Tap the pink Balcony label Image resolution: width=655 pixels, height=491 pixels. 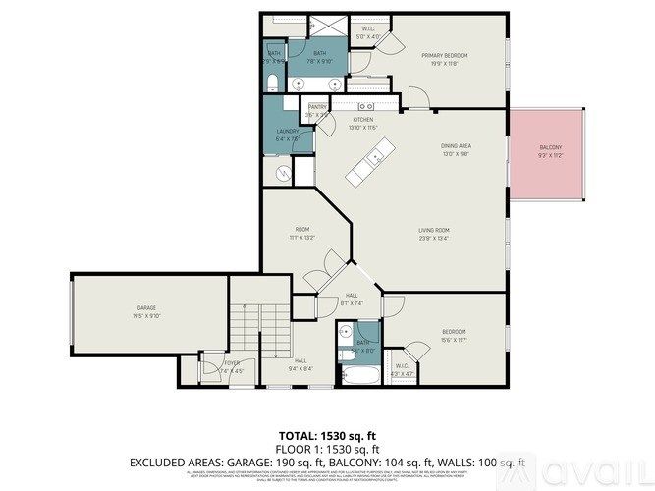tap(550, 149)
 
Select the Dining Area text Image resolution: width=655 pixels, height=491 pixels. tap(456, 146)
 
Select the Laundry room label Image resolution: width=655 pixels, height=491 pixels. tap(287, 132)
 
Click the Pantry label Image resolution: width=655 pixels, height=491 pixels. tap(318, 106)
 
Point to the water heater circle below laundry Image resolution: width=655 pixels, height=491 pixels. tap(284, 174)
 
